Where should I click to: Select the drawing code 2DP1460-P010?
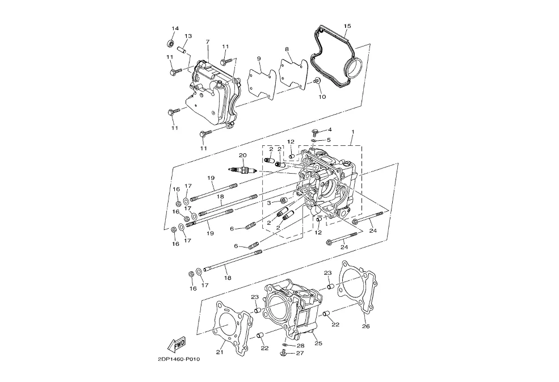point(179,359)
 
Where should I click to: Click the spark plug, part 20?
point(243,170)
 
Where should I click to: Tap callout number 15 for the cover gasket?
point(347,26)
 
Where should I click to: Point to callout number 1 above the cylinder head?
point(352,132)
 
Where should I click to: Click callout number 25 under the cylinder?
point(318,343)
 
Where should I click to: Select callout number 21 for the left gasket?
point(220,352)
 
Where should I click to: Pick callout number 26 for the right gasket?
point(366,326)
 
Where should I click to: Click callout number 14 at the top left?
point(175,28)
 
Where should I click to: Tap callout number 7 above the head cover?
point(208,42)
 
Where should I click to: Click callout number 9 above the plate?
point(259,58)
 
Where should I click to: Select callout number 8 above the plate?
point(287,48)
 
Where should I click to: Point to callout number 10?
point(322,96)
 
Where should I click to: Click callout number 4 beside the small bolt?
point(330,129)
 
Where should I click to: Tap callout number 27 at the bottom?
point(300,353)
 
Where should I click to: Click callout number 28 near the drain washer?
point(301,346)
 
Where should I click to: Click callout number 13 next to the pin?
point(188,36)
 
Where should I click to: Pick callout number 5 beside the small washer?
point(329,140)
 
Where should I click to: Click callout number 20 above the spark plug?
point(243,155)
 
